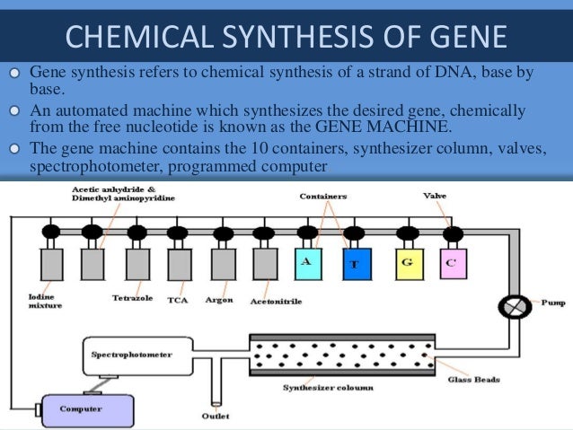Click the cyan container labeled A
pyautogui.click(x=308, y=263)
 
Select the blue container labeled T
pyautogui.click(x=356, y=264)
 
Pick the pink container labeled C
pyautogui.click(x=452, y=263)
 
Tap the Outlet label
pyautogui.click(x=215, y=415)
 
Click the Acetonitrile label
pyautogui.click(x=276, y=302)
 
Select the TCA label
pyautogui.click(x=177, y=301)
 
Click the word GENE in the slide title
pyautogui.click(x=467, y=37)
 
